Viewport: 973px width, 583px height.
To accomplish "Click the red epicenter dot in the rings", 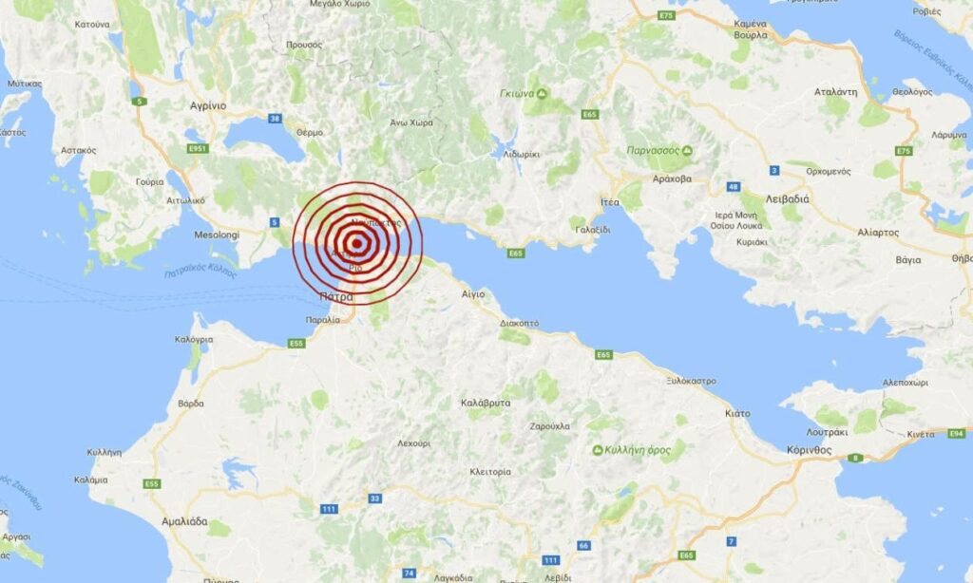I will (x=356, y=242).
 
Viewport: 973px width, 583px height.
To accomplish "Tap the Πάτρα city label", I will (x=335, y=296).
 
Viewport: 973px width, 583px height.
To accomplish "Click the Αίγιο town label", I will (x=473, y=293).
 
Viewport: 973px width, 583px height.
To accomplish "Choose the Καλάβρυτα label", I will (x=486, y=403).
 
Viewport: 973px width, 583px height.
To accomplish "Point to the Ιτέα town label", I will (x=609, y=202).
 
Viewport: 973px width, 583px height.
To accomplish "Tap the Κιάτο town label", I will (x=737, y=413).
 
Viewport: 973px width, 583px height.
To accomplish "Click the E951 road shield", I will (x=198, y=148).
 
